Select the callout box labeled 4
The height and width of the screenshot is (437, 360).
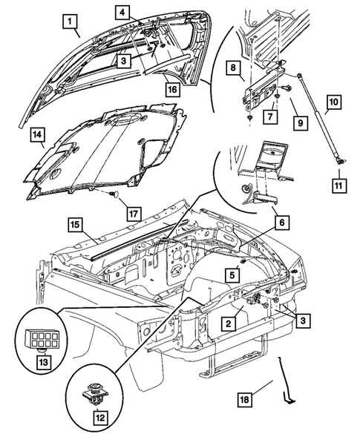click(x=122, y=13)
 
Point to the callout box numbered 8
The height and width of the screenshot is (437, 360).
click(x=232, y=68)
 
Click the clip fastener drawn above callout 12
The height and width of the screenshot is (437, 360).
click(x=94, y=392)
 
